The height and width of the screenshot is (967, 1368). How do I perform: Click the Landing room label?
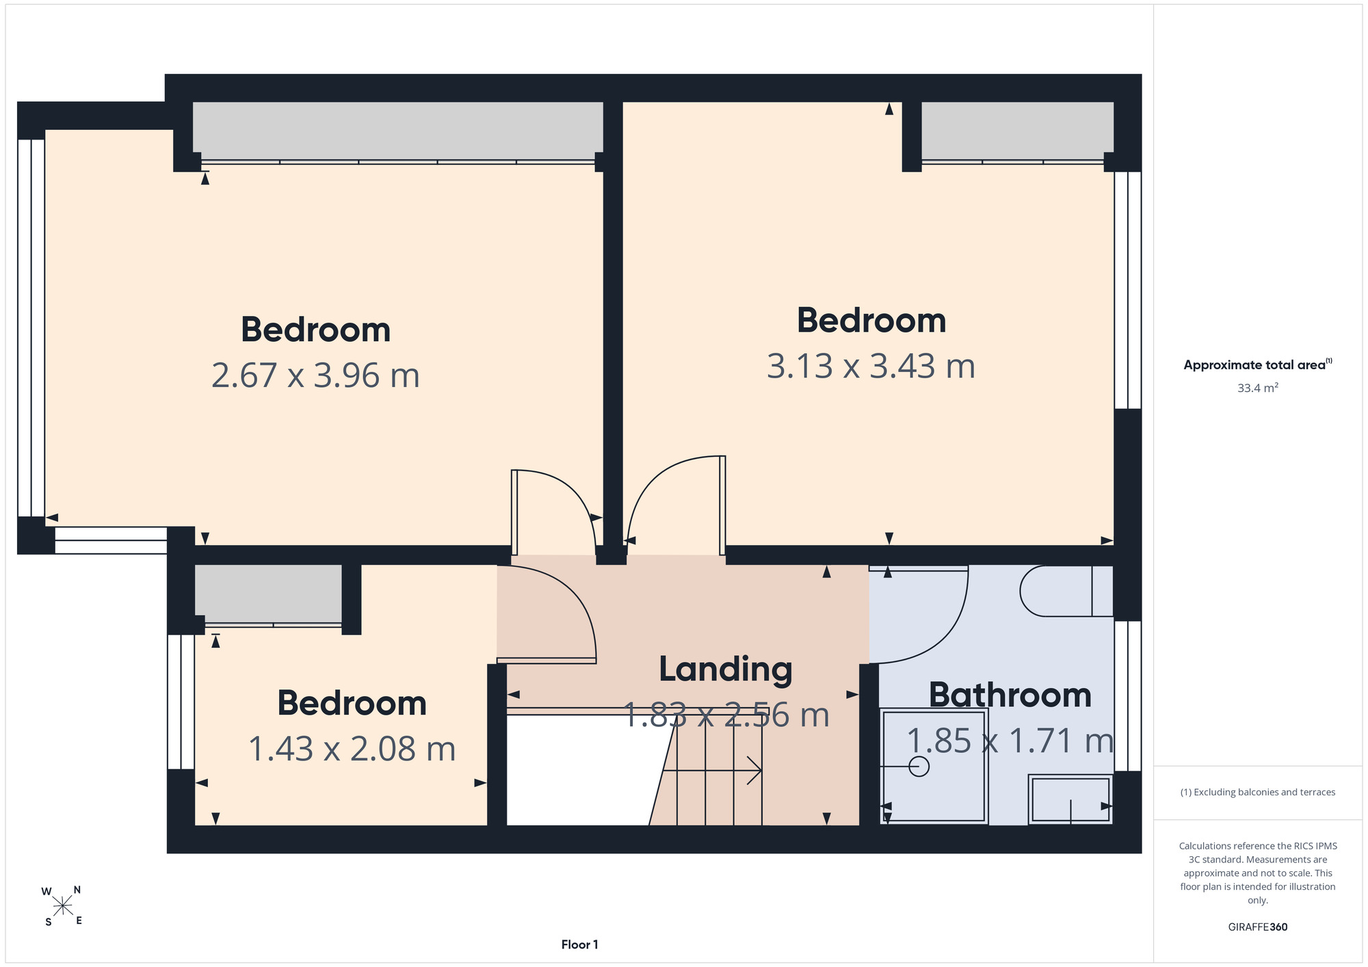[725, 670]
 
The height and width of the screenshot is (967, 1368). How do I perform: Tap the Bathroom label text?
[1010, 696]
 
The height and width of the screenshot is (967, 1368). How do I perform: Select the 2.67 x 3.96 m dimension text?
[315, 375]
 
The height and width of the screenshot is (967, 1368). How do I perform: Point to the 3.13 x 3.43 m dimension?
[871, 366]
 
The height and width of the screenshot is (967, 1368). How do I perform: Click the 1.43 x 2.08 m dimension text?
[352, 749]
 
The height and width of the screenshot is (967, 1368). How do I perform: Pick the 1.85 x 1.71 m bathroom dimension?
[1010, 741]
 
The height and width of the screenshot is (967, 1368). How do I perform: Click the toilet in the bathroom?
[1066, 591]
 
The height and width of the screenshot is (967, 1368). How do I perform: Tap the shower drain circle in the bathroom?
[919, 767]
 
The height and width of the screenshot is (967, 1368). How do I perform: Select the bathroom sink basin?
[1070, 799]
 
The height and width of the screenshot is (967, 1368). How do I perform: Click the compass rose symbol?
[62, 907]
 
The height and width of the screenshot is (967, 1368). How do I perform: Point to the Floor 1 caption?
[579, 944]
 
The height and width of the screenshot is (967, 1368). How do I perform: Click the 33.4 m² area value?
[1258, 388]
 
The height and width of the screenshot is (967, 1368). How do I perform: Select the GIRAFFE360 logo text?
[1258, 927]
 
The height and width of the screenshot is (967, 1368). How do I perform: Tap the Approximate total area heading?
[1258, 365]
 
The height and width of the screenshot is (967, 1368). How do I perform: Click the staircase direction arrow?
[712, 771]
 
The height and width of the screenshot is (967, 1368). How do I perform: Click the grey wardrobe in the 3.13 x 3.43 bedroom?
[1017, 131]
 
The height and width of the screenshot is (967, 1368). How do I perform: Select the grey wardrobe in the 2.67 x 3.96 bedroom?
[397, 131]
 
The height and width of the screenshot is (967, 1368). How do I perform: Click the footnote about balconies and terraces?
[1258, 792]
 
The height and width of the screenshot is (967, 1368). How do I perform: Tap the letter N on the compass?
[77, 890]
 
